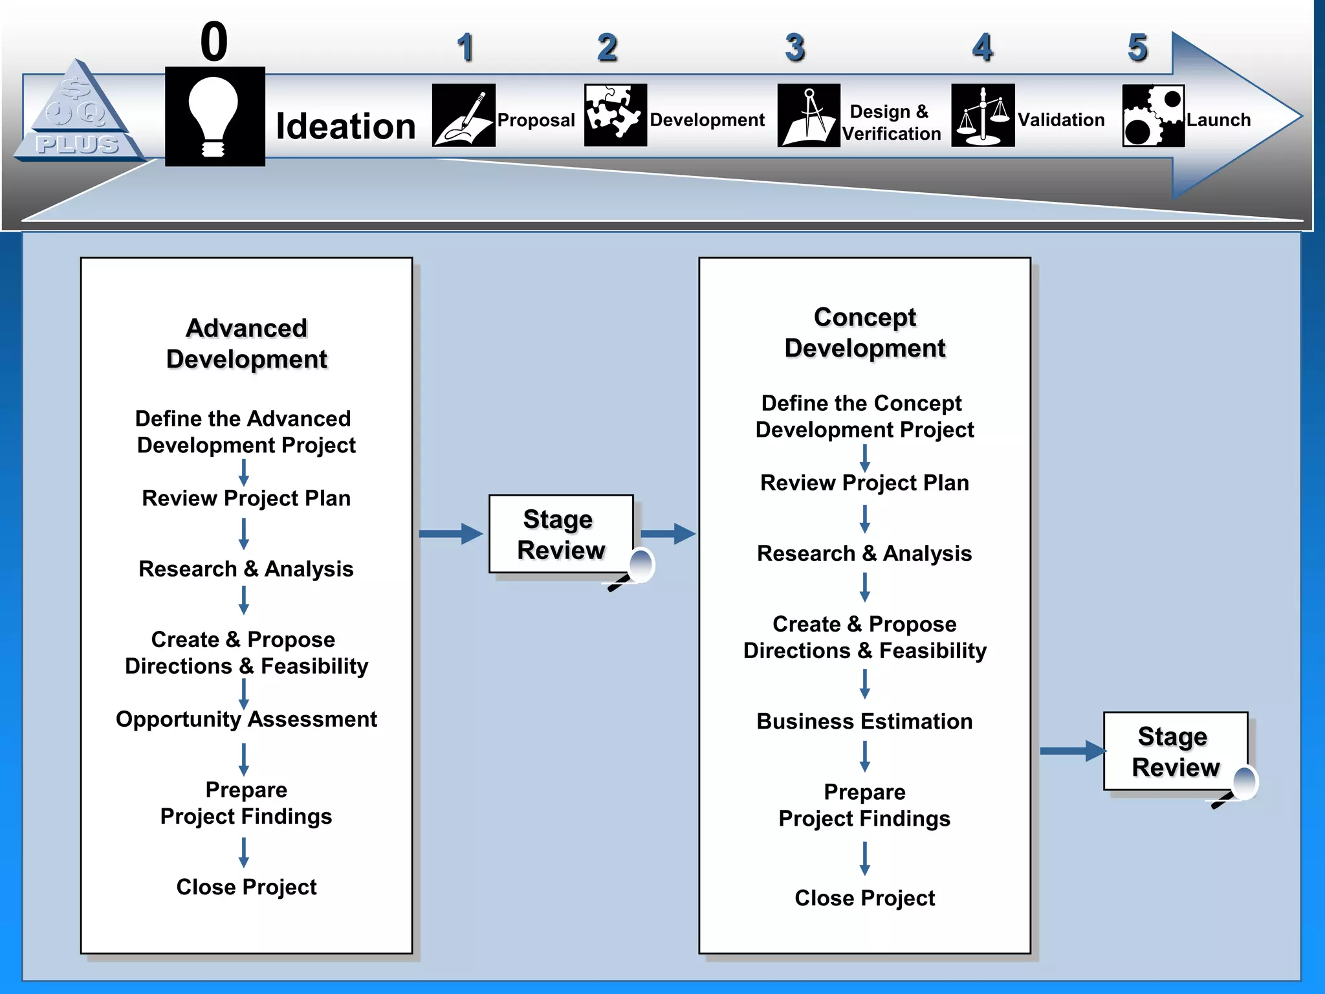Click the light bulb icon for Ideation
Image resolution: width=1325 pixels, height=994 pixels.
point(214,116)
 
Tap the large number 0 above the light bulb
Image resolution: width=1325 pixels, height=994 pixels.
point(214,41)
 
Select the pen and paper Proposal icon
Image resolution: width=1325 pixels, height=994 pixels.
point(463,115)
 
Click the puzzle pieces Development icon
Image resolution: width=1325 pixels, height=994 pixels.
point(615,115)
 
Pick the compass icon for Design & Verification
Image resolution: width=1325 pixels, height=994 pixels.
point(809,115)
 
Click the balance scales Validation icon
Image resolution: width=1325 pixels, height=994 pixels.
point(982,115)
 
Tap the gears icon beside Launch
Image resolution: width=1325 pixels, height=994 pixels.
point(1153,116)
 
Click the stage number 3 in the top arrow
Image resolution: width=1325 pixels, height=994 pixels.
point(794,48)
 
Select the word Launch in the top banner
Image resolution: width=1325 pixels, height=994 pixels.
point(1218,120)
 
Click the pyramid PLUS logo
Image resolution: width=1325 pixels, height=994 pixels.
point(78,113)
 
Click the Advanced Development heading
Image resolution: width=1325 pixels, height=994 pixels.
point(246,344)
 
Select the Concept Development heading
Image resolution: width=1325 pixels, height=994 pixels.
point(865,333)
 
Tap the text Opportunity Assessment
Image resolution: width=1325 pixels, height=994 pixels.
point(246,719)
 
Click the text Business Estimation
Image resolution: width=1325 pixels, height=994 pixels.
point(864,721)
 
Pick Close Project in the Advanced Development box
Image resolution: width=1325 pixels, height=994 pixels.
point(246,887)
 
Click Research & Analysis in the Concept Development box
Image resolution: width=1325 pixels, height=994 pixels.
point(864,553)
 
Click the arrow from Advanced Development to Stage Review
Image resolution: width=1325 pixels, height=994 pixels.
point(450,534)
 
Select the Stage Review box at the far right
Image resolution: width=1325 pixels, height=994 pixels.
point(1175,751)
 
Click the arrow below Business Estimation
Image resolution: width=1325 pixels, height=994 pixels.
point(865,756)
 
